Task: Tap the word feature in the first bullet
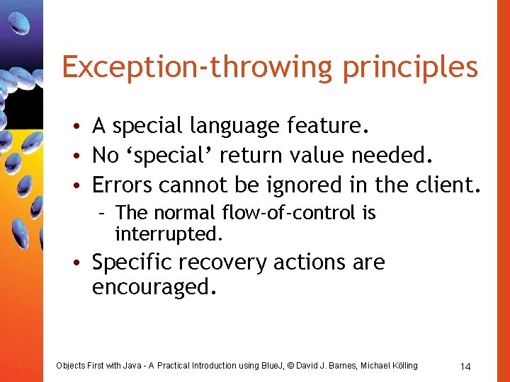click(326, 126)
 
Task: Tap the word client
click(443, 185)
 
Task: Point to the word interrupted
click(169, 233)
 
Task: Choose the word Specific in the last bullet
click(132, 262)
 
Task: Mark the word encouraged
click(151, 288)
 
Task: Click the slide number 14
click(465, 366)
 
